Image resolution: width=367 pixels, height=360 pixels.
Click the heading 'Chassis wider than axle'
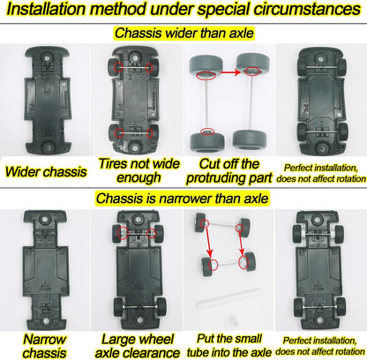point(184,33)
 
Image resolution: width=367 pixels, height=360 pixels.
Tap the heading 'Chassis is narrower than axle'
point(182,199)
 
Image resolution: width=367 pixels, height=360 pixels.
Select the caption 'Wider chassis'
point(46,172)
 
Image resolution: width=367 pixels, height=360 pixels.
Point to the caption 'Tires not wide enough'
point(139,170)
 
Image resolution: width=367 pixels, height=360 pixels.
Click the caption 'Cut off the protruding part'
point(229,171)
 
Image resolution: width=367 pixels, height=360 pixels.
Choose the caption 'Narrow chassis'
point(44,346)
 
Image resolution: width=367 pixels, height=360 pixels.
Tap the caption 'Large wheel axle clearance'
point(138,346)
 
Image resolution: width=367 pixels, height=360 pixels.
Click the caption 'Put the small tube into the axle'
point(229,345)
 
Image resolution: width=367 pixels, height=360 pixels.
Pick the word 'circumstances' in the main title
point(307,10)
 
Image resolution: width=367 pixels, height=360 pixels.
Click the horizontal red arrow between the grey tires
point(230,72)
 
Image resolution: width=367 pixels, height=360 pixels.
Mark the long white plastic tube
point(228,298)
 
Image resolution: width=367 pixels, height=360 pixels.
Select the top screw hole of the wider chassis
point(47,56)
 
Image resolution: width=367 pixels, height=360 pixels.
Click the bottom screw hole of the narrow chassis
point(45,321)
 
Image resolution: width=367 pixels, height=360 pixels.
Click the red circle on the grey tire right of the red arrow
point(252,71)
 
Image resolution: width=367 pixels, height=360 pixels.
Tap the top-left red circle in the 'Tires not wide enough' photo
point(119,67)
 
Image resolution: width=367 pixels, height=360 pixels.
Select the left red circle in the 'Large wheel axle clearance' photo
point(124,233)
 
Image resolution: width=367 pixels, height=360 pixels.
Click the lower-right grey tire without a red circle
point(250,140)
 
